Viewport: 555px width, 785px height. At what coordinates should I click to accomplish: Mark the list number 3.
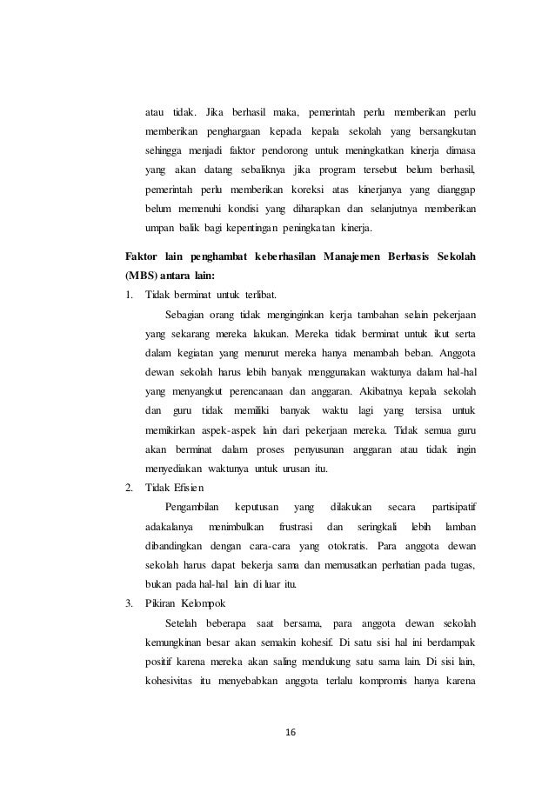click(x=130, y=602)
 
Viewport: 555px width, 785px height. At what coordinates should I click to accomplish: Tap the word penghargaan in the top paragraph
click(x=239, y=131)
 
